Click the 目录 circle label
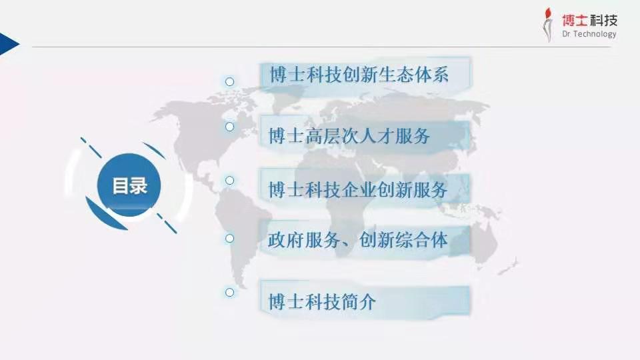129,185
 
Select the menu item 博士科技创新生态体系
359,75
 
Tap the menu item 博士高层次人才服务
349,136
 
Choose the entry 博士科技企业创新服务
358,190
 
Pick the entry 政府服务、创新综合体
358,240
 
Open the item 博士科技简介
322,302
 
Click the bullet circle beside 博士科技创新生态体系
230,81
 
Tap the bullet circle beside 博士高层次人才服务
230,127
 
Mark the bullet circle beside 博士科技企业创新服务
230,181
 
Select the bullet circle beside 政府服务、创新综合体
230,239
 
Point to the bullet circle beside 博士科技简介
230,292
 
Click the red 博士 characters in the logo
575,20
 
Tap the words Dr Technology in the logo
589,34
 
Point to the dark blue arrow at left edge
9,44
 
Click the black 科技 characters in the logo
603,20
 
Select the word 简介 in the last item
358,302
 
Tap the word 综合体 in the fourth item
421,240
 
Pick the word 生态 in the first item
395,75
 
